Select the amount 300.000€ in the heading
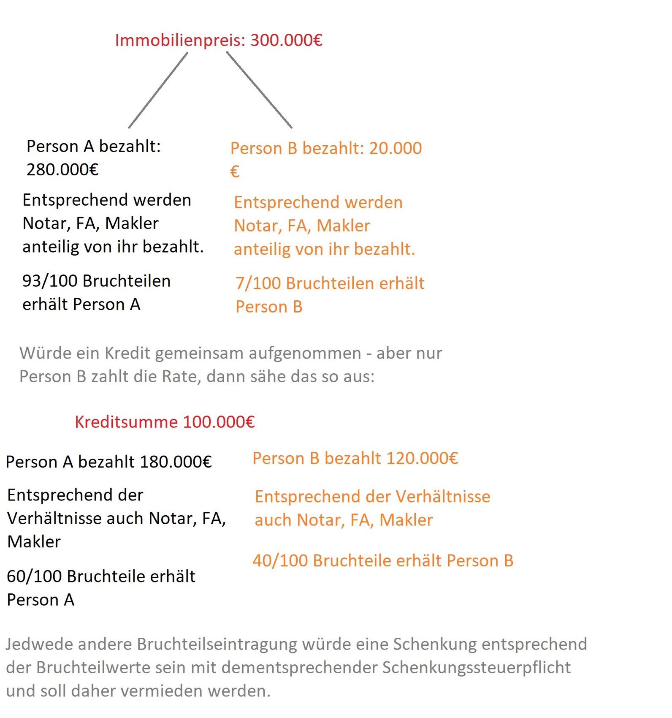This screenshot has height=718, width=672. pyautogui.click(x=286, y=41)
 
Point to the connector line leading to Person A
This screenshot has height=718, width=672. pyautogui.click(x=158, y=90)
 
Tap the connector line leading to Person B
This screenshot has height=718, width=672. pyautogui.click(x=259, y=90)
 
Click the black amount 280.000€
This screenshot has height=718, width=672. pyautogui.click(x=62, y=170)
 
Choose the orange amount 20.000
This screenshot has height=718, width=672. pyautogui.click(x=395, y=149)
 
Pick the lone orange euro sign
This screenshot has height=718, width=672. pyautogui.click(x=235, y=172)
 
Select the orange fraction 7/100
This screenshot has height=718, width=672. pyautogui.click(x=258, y=284)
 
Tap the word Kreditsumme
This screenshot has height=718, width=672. pyautogui.click(x=126, y=422)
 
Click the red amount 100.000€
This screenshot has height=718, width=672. pyautogui.click(x=219, y=422)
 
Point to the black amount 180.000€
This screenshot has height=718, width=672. pyautogui.click(x=176, y=462)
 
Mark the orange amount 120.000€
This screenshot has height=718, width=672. pyautogui.click(x=422, y=459)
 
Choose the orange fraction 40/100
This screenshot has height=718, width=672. pyautogui.click(x=279, y=561)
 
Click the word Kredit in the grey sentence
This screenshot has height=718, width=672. pyautogui.click(x=127, y=354)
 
